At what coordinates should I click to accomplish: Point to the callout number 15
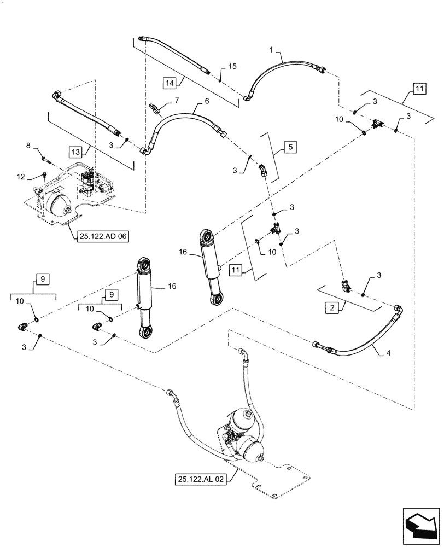[232, 66]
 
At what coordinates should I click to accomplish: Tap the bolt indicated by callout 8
[46, 160]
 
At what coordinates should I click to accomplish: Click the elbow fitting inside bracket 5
[264, 170]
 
